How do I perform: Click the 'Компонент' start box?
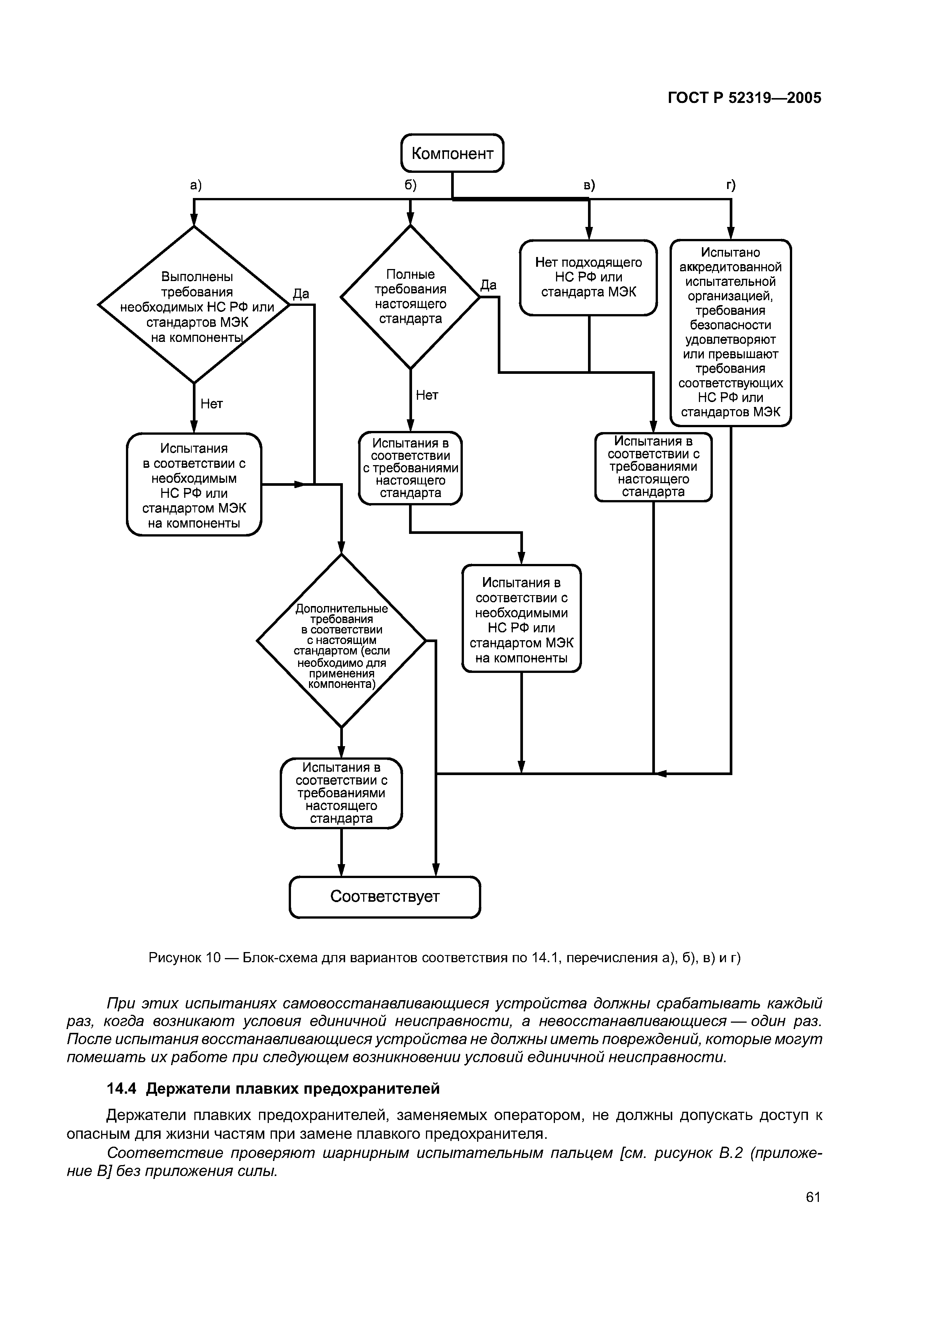click(452, 153)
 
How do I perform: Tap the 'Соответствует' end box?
click(384, 897)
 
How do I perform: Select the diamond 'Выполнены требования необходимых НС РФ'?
click(194, 305)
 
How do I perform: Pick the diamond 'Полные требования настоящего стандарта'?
click(410, 297)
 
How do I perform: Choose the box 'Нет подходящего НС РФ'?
click(588, 278)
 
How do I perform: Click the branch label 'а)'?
click(196, 185)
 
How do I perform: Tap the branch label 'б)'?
click(410, 185)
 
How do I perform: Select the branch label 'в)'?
click(589, 185)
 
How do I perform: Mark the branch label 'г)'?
click(730, 185)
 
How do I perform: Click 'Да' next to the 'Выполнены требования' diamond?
click(301, 294)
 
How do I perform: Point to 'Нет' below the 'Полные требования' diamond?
click(427, 395)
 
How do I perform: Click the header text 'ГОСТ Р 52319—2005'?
click(744, 98)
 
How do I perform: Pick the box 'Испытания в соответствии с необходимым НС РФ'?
click(194, 485)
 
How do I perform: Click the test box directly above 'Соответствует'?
click(341, 793)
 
